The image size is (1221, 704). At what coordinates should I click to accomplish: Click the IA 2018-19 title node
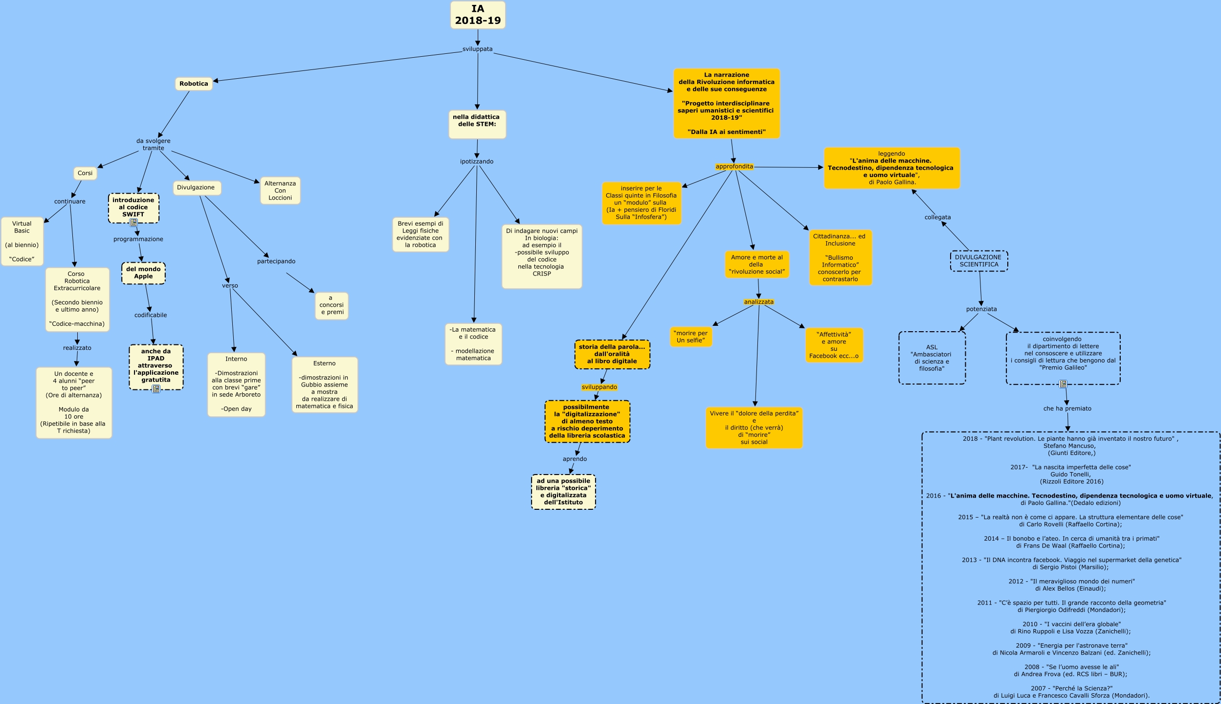click(x=478, y=15)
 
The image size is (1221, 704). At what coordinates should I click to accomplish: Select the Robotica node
click(x=194, y=84)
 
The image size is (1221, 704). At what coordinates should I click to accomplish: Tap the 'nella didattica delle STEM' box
click(x=477, y=124)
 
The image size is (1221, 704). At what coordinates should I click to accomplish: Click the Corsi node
click(x=85, y=173)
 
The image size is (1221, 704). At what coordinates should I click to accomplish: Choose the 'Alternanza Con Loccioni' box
click(x=280, y=191)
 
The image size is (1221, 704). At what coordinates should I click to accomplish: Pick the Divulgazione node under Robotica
click(x=196, y=188)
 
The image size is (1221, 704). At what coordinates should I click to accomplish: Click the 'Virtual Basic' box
click(x=22, y=241)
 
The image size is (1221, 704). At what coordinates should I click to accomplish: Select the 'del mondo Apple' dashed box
click(x=143, y=273)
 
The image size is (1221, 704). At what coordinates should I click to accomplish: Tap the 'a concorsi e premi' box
click(x=332, y=305)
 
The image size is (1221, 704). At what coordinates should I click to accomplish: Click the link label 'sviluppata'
click(x=478, y=49)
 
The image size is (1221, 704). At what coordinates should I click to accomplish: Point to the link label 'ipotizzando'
click(x=477, y=161)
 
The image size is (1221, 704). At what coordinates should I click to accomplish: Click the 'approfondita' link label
click(x=734, y=167)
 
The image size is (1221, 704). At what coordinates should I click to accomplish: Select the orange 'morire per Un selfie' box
click(x=691, y=337)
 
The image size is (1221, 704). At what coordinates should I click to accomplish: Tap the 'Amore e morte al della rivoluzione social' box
click(x=756, y=265)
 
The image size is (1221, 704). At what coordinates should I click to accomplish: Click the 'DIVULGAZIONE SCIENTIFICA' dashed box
click(x=978, y=261)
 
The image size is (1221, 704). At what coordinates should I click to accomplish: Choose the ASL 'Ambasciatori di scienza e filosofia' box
click(x=932, y=358)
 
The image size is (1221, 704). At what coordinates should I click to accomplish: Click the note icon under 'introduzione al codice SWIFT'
click(x=133, y=223)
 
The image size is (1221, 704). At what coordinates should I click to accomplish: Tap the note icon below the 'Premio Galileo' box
click(x=1063, y=384)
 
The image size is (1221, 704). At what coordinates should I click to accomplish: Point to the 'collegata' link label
click(x=937, y=217)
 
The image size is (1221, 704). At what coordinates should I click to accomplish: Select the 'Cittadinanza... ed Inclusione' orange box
click(x=840, y=258)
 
